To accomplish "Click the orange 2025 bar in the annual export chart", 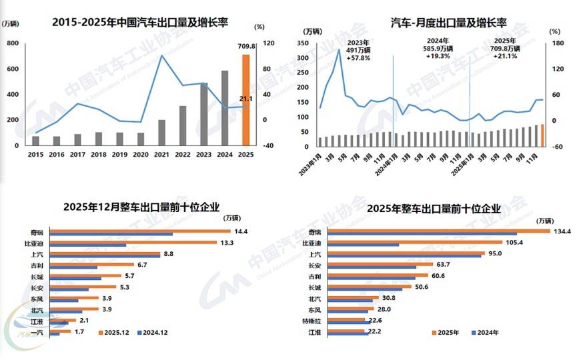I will coord(245,100).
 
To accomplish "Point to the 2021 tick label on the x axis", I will coord(161,155).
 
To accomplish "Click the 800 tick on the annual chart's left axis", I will coord(12,43).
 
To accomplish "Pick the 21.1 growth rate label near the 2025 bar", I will coord(246,99).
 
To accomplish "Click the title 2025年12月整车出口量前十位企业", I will coord(141,207).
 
